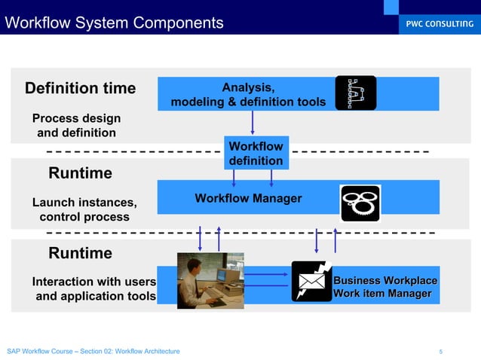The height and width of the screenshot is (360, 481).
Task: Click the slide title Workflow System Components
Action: click(x=115, y=23)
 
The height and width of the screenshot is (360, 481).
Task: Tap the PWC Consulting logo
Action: click(x=436, y=24)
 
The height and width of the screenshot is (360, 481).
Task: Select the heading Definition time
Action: click(x=81, y=89)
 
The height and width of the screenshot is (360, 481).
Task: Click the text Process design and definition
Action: click(x=76, y=126)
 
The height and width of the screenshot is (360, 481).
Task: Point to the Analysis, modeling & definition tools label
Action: click(x=248, y=94)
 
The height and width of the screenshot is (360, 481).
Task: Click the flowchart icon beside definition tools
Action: click(x=355, y=93)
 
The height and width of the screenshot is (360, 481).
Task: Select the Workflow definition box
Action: click(x=256, y=153)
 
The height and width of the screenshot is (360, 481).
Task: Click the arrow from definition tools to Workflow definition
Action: click(x=253, y=122)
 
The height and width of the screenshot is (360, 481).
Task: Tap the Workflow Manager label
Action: click(x=248, y=198)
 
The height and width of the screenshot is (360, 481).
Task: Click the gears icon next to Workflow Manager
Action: click(x=360, y=203)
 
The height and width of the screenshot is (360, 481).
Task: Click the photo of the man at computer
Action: click(x=207, y=280)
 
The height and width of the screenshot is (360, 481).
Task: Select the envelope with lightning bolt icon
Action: click(x=311, y=281)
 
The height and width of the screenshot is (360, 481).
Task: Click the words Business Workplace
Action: click(x=385, y=280)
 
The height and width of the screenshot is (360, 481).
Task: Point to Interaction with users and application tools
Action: click(x=94, y=288)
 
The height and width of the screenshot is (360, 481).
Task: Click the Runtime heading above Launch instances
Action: click(x=81, y=173)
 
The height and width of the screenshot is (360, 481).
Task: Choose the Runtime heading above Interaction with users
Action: click(x=81, y=252)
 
